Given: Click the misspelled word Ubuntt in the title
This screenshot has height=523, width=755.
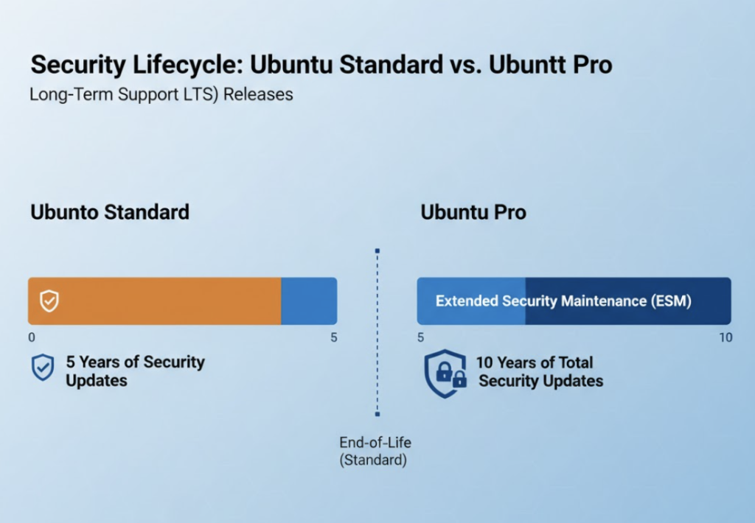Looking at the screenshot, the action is coord(526,65).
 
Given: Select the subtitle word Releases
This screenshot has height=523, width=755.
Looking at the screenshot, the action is coord(258,94).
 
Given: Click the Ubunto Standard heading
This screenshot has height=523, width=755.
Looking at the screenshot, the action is coord(110,212).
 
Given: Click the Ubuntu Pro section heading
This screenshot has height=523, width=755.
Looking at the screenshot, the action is coord(473,212).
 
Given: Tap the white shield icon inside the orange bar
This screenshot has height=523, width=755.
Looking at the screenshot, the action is coord(49,301).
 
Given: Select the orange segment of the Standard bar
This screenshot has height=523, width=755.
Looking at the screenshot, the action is coord(155,301).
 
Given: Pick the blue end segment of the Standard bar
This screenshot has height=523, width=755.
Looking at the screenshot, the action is coord(309,301).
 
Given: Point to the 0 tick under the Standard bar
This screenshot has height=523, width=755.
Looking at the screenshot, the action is coord(32,338).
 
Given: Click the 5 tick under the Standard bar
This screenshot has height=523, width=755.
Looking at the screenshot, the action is coord(334,338).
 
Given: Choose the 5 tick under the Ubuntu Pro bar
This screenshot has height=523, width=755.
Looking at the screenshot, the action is coord(420,338).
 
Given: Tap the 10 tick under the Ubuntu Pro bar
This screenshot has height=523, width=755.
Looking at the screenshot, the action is coord(726,338).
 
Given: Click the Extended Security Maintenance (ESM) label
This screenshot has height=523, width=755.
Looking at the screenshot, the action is coord(563,301).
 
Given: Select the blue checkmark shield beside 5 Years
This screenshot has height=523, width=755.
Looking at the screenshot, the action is coord(43,368).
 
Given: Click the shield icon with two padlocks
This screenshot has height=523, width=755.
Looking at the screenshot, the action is coord(445,374).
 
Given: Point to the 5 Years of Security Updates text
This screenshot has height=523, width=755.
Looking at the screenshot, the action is coord(136,371).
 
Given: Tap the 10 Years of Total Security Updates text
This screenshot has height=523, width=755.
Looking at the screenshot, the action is coord(540,371).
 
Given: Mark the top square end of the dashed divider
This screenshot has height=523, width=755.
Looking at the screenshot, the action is coord(377,251).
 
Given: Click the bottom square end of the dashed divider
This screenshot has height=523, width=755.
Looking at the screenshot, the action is coord(377,414).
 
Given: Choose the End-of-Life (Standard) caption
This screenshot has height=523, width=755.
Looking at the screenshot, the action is coord(375,452).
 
